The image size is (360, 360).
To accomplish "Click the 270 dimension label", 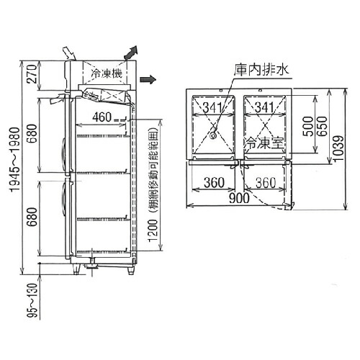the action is point(32,74).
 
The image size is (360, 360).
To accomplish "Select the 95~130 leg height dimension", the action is point(32,301).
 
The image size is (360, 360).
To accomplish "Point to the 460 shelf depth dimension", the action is point(102,117).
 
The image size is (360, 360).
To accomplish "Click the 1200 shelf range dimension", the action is point(153,231).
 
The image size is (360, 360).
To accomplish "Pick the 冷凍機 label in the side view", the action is point(107,73).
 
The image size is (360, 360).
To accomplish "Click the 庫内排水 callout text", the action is point(261,70).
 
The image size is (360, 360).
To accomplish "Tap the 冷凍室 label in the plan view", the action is point(264,143).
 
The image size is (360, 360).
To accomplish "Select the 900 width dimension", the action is point(239,198).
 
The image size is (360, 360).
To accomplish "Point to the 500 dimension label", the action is point(308,126).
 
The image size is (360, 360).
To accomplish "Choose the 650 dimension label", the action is point(322,126).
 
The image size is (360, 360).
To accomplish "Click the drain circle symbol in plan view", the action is point(212,135).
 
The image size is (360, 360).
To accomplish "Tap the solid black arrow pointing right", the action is point(148,80).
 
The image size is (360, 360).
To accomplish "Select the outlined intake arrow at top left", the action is point(69,53).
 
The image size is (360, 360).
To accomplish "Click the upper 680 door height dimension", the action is point(32,133).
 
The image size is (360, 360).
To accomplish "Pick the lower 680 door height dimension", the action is point(32,217).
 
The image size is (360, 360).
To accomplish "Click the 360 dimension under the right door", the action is point(266,183).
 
